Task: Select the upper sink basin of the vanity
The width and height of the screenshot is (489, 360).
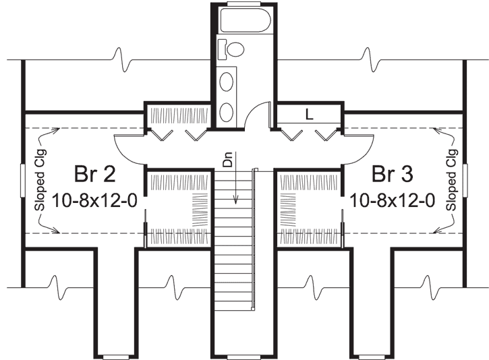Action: (228, 82)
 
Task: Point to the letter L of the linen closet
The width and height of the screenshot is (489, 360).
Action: (309, 115)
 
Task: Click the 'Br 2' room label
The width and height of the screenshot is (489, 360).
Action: (94, 175)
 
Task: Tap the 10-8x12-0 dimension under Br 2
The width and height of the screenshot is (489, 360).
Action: (94, 200)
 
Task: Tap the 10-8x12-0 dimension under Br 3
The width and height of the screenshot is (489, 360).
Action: (393, 200)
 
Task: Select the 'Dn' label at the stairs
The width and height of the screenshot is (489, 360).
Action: (228, 162)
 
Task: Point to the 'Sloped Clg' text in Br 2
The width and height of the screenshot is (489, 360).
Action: (38, 181)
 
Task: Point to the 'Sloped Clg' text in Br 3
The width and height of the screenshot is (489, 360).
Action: (451, 181)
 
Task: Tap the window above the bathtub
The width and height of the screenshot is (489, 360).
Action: (243, 4)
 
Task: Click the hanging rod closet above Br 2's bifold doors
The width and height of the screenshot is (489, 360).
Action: (179, 113)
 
